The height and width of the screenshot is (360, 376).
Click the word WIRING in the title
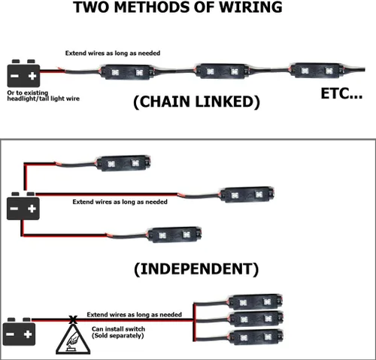pyautogui.click(x=251, y=7)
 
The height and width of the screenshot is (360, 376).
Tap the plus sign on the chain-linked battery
pyautogui.click(x=32, y=76)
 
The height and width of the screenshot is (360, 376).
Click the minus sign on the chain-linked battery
pyautogui.click(x=14, y=76)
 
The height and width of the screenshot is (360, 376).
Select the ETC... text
pyautogui.click(x=341, y=94)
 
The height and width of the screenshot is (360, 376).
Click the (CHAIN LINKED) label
pyautogui.click(x=196, y=101)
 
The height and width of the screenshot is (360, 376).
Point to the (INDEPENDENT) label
pyautogui.click(x=196, y=269)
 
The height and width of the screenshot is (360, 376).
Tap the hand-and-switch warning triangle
pyautogui.click(x=73, y=339)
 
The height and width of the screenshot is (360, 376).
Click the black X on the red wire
pyautogui.click(x=73, y=319)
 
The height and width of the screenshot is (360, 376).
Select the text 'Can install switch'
pyautogui.click(x=118, y=329)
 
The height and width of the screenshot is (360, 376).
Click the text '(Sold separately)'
pyautogui.click(x=118, y=336)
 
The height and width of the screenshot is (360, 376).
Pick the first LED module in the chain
pyautogui.click(x=126, y=72)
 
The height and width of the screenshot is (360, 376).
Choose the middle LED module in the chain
pyautogui.click(x=222, y=71)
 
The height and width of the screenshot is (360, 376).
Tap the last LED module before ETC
pyautogui.click(x=317, y=71)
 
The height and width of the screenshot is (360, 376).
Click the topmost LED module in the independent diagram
pyautogui.click(x=123, y=163)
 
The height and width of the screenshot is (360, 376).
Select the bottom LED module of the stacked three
pyautogui.click(x=256, y=337)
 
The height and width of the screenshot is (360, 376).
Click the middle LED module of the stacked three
pyautogui.click(x=256, y=319)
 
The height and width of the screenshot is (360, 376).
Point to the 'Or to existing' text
pyautogui.click(x=28, y=93)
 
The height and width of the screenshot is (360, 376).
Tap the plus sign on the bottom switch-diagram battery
pyautogui.click(x=28, y=334)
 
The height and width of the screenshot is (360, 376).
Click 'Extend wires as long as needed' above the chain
pyautogui.click(x=113, y=53)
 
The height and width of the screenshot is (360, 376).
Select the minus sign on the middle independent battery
pyautogui.click(x=14, y=208)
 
